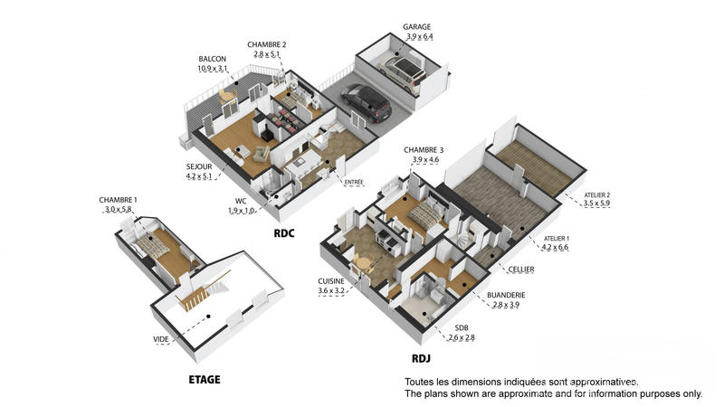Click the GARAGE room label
tap(416, 27)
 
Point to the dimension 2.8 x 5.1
tap(267, 54)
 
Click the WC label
tap(240, 201)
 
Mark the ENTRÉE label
tap(354, 182)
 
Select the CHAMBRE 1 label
tap(118, 200)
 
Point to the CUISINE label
tap(331, 280)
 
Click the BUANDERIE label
tap(506, 295)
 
